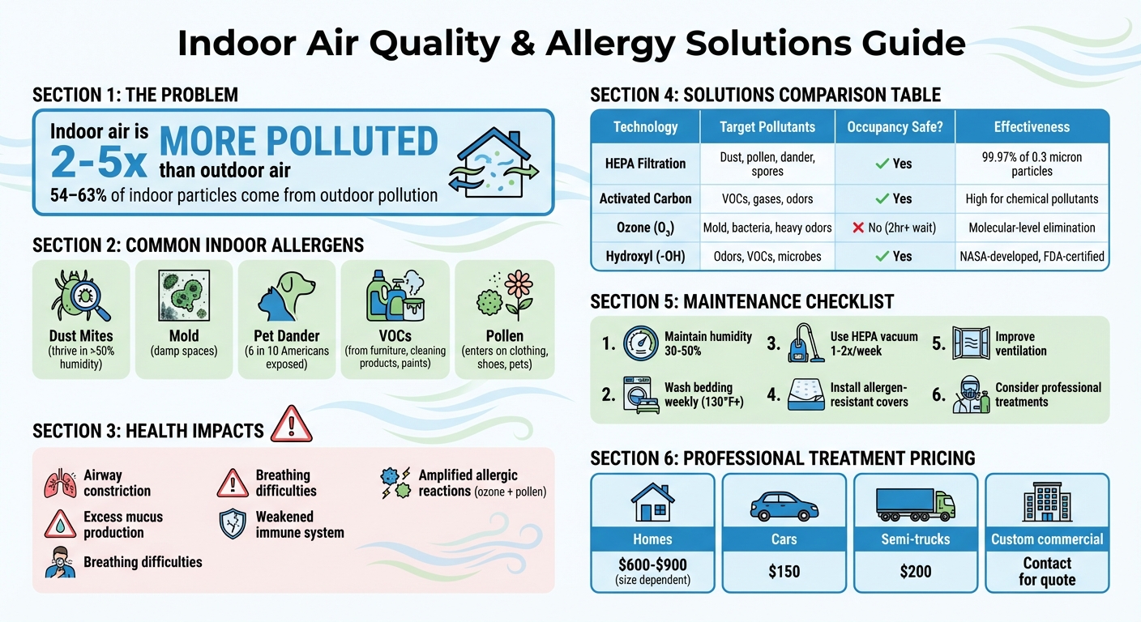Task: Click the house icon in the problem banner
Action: pyautogui.click(x=495, y=163)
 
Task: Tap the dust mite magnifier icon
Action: pyautogui.click(x=81, y=295)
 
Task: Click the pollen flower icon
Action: pyautogui.click(x=504, y=295)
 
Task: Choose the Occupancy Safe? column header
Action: pyautogui.click(x=895, y=127)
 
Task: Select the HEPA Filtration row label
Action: pyautogui.click(x=645, y=164)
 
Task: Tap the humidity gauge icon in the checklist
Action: pyautogui.click(x=641, y=343)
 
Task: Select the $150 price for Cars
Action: pyautogui.click(x=784, y=573)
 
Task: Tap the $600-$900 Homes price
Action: pyautogui.click(x=652, y=564)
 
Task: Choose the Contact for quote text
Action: pyautogui.click(x=1047, y=572)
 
